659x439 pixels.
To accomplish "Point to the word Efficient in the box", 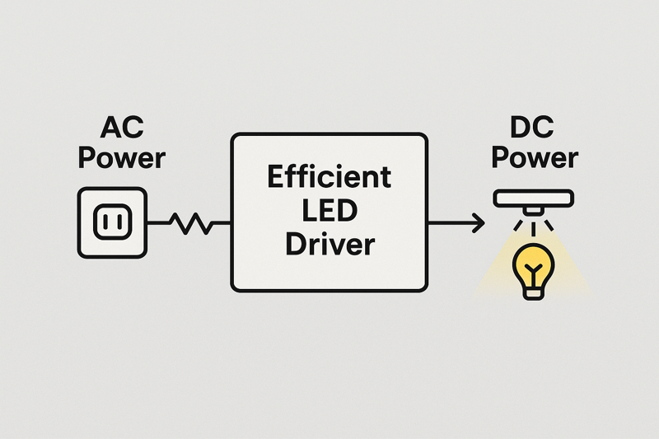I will (x=329, y=177).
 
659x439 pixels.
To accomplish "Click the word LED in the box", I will (x=329, y=212).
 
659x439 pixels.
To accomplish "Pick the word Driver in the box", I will (x=329, y=245).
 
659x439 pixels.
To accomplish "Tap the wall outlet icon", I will (x=112, y=221).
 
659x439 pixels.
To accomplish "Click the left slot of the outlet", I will (x=105, y=221).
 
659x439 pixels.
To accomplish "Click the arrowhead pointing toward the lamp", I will (x=477, y=221).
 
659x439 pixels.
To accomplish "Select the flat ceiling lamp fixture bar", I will (x=534, y=198).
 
